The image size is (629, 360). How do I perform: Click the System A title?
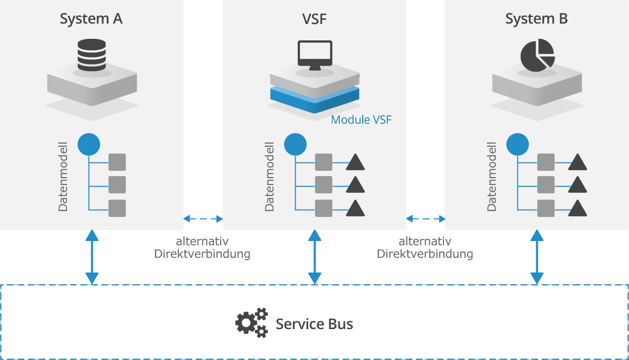point(91,19)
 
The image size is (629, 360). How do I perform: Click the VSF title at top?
point(314,19)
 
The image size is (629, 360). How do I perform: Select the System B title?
point(536,19)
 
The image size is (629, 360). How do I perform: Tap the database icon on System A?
point(91,56)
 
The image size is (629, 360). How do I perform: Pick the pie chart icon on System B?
point(537,54)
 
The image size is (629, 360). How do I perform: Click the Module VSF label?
point(361,120)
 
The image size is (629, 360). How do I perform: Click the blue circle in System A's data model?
point(89,144)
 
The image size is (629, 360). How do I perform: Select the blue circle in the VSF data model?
point(295,144)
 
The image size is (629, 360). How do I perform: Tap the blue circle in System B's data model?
point(517,144)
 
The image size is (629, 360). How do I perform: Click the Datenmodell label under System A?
point(63,176)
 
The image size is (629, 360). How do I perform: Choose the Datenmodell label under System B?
point(491,176)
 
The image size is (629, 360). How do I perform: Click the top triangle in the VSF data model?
point(355,163)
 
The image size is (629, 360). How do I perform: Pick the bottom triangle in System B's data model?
point(577,208)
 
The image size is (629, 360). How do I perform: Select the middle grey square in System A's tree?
point(117,185)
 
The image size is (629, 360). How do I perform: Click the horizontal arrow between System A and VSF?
point(203,219)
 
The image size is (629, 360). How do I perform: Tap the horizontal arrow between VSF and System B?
point(426,219)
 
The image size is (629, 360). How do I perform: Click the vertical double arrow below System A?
point(92,257)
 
